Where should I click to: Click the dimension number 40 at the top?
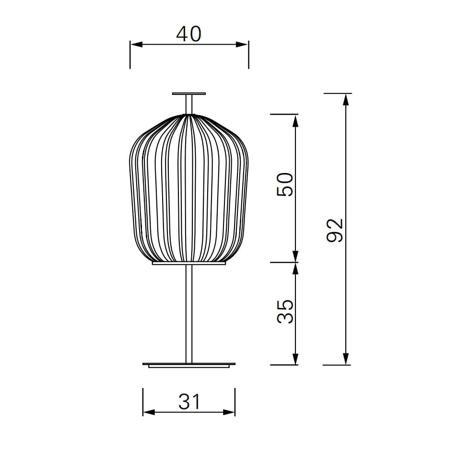click(x=188, y=34)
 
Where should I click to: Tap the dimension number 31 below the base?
click(x=189, y=401)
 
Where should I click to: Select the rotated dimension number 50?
click(x=285, y=185)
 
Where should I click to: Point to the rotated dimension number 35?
click(x=285, y=311)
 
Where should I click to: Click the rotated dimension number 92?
click(x=334, y=231)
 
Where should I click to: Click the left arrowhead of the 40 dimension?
click(x=136, y=45)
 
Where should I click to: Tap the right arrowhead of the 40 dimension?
click(x=242, y=45)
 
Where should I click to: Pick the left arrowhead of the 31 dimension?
click(x=149, y=412)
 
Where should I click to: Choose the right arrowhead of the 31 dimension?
click(x=229, y=412)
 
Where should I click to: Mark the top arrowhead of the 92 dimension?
click(x=346, y=100)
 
